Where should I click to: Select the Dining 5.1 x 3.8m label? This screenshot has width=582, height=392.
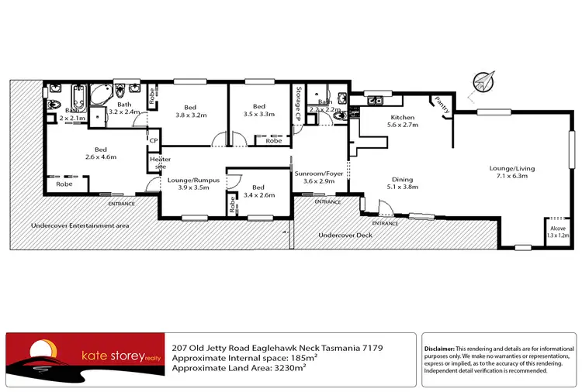coord(403,182)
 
